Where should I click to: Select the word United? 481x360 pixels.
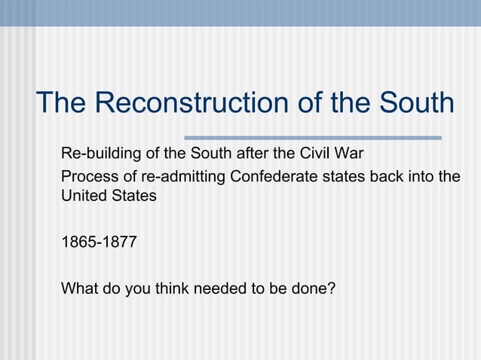click(82, 196)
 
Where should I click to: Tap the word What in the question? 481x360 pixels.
click(77, 287)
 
